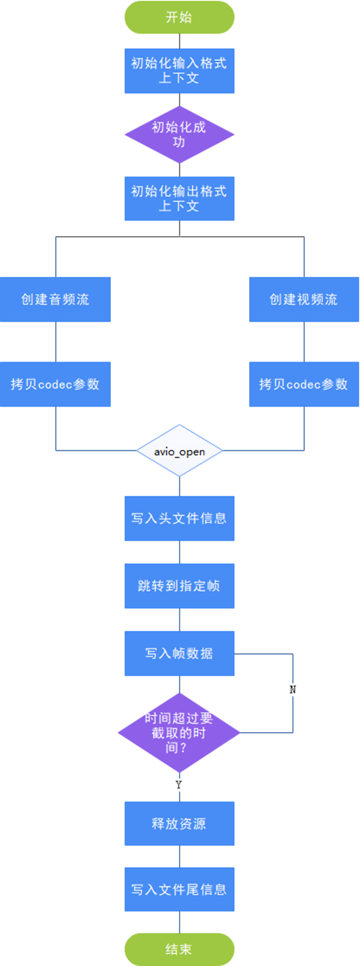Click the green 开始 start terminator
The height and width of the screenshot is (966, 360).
[x=179, y=17]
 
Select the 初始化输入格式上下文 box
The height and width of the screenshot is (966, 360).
[x=179, y=70]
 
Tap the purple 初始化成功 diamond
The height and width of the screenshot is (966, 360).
[x=179, y=135]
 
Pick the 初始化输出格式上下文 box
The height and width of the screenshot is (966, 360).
[x=179, y=198]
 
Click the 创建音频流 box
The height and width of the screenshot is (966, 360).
[x=55, y=299]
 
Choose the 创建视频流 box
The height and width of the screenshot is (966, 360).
[x=303, y=299]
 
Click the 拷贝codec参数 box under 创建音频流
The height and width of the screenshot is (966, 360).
[x=55, y=384]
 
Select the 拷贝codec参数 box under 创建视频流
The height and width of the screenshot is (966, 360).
[x=303, y=384]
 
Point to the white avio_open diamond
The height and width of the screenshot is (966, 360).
[x=179, y=452]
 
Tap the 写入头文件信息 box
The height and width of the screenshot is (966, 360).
[x=179, y=517]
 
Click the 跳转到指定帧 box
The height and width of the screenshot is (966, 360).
[x=179, y=586]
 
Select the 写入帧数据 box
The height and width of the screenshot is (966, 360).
[x=179, y=653]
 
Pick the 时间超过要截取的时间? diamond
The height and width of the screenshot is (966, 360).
[x=179, y=732]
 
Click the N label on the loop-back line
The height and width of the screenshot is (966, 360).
[x=293, y=689]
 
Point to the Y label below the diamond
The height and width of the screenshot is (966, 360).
[x=179, y=785]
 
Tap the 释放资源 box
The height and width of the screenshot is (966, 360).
[x=179, y=824]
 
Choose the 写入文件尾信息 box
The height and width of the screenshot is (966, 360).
[x=179, y=890]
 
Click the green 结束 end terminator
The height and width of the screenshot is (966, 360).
[x=179, y=950]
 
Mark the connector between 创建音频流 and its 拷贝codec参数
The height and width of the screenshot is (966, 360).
[x=55, y=342]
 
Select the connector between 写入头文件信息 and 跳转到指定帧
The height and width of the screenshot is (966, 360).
[x=179, y=552]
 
